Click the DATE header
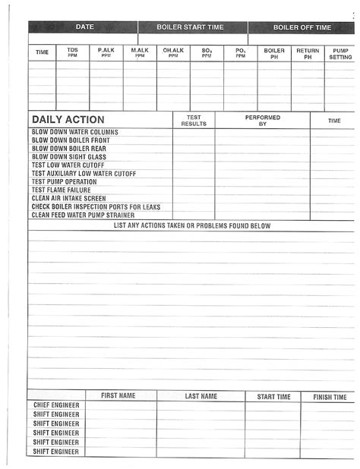(84, 27)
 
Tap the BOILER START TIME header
(190, 27)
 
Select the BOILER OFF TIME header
(302, 27)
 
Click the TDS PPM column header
(73, 52)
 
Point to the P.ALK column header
(106, 52)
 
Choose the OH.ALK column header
(173, 52)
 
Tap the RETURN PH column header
(308, 53)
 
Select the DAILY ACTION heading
(68, 120)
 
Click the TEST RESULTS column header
(194, 120)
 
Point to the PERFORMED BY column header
(263, 120)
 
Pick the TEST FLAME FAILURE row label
(62, 190)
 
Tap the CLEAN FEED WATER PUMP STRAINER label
(83, 216)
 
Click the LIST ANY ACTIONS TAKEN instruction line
(191, 225)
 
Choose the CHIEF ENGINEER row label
(56, 405)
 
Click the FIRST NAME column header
(118, 396)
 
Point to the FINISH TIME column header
(330, 397)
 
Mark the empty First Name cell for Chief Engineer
(118, 405)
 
